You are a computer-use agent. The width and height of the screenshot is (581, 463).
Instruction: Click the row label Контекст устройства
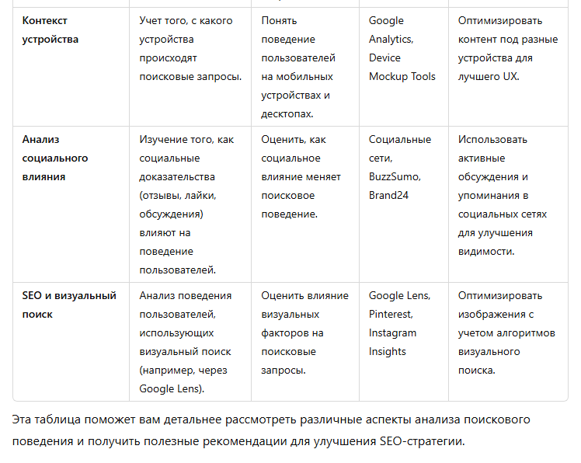tap(50, 30)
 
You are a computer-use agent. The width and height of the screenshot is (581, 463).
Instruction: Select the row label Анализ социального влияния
tap(54, 158)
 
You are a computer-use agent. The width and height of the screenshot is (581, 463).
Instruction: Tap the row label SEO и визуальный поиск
tap(69, 305)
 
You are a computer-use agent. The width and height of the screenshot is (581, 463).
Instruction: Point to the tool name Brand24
tap(388, 195)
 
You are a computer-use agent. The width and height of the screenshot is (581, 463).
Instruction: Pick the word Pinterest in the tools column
tap(390, 314)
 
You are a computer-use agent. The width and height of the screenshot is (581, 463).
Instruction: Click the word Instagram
tap(392, 332)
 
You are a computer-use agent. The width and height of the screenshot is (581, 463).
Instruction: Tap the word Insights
tap(388, 351)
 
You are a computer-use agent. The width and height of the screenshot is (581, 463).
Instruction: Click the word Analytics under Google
tap(390, 39)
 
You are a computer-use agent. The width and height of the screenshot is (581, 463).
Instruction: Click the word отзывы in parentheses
tap(162, 195)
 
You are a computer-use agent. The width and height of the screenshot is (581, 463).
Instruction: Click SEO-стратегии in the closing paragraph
tap(423, 441)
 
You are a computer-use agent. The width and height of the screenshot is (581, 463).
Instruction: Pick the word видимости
tap(485, 251)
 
